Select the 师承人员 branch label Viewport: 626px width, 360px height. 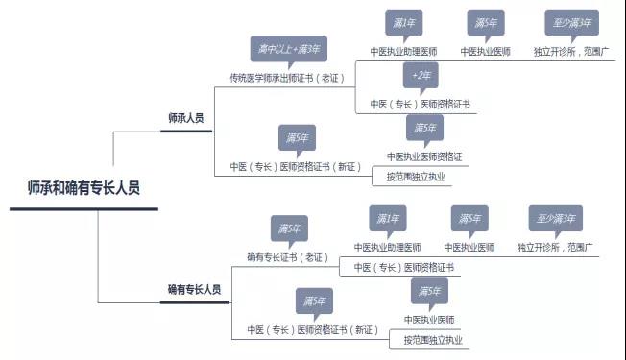point(186,117)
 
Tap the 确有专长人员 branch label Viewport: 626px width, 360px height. point(194,288)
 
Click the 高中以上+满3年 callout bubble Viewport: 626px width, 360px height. point(288,49)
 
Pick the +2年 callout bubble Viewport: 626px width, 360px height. point(420,76)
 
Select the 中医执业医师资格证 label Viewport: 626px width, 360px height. point(425,156)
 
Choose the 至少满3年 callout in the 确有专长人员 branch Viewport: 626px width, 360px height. point(555,218)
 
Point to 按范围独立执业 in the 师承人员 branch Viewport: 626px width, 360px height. point(417,177)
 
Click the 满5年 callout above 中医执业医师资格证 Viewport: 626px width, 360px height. point(424,128)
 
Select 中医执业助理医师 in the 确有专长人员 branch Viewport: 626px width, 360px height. point(387,247)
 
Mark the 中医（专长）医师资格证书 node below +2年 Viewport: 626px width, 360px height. point(420,103)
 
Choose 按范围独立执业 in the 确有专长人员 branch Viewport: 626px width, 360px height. point(432,340)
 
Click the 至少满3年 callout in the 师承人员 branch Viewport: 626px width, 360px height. point(571,22)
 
